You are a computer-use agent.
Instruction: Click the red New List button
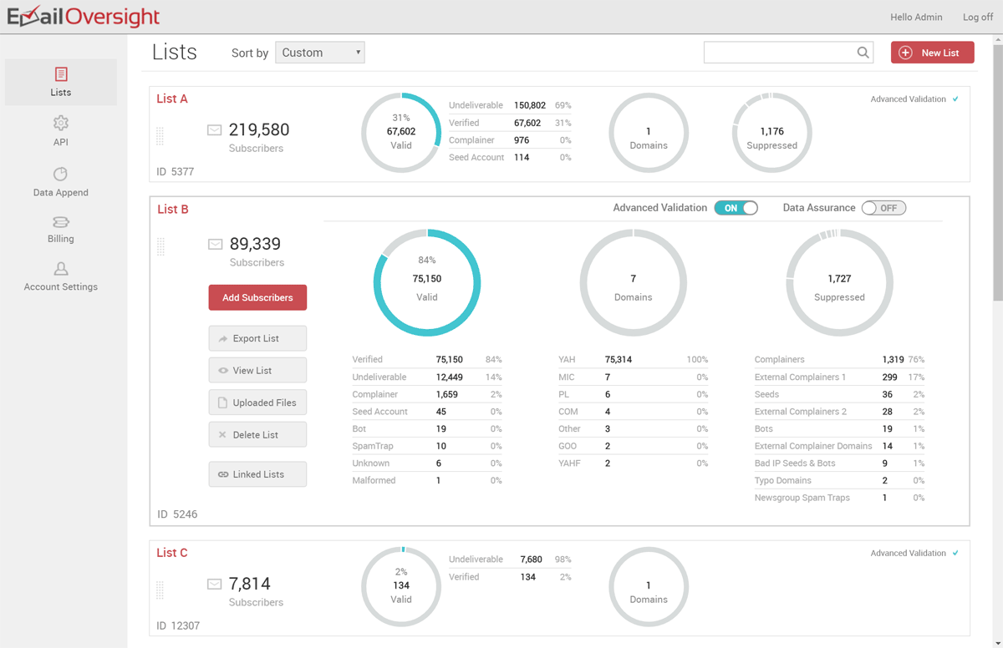932,53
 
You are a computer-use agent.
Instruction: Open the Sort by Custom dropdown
320,53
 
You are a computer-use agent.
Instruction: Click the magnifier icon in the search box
863,53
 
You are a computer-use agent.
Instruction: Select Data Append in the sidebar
60,182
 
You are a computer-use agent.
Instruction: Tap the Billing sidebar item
60,229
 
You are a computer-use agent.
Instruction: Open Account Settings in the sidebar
60,276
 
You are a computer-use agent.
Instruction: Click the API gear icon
60,124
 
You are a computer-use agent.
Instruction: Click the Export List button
257,338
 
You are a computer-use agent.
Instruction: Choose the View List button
257,370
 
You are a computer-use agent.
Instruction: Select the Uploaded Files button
257,402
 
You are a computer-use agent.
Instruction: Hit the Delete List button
257,434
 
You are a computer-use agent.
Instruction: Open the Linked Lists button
257,474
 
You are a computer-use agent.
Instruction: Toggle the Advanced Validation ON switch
736,208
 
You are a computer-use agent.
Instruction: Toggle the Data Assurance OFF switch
883,208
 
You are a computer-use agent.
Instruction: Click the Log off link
978,17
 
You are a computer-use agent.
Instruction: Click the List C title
172,553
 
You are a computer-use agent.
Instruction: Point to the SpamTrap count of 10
440,446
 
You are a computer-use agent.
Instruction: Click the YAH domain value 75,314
619,360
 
